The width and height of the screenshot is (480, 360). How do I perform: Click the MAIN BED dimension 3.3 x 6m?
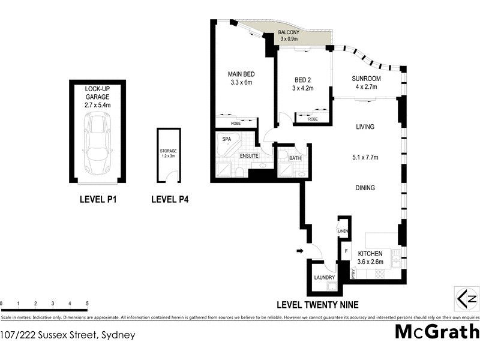click(x=239, y=83)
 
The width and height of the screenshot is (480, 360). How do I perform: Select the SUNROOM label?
click(x=367, y=79)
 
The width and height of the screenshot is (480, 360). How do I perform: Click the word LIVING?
click(x=364, y=127)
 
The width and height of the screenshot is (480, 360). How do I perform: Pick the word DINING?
click(x=364, y=188)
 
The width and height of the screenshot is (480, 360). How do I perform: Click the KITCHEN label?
click(x=370, y=254)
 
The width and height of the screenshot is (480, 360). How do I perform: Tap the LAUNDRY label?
click(x=324, y=278)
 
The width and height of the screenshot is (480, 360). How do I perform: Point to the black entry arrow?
click(x=300, y=251)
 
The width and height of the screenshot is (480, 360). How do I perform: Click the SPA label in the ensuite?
click(x=227, y=139)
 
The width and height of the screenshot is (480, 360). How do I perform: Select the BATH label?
click(x=295, y=158)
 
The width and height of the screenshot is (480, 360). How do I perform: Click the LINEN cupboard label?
click(x=343, y=231)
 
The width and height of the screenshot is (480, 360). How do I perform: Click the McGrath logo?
click(x=437, y=331)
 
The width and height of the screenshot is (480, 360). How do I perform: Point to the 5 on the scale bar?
click(x=88, y=304)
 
